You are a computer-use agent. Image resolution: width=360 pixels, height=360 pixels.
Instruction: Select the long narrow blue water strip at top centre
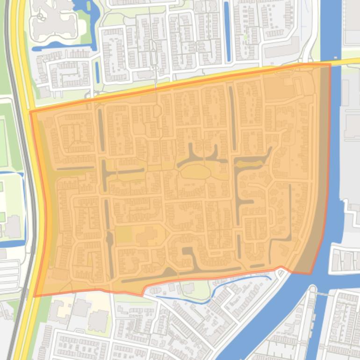point(227,31)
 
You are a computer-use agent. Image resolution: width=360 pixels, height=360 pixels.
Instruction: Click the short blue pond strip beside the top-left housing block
point(97,72)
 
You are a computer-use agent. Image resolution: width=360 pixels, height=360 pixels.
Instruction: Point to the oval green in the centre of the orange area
point(195,172)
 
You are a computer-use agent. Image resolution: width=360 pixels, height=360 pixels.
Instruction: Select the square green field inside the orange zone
point(122,234)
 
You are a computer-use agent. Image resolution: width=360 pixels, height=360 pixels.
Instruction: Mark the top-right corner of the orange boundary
point(330,65)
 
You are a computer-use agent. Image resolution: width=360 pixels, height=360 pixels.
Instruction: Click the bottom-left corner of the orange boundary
point(35,296)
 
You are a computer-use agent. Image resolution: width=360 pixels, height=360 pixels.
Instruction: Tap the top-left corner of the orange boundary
point(30,112)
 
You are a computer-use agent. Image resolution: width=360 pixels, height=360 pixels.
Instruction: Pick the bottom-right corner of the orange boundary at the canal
point(310,274)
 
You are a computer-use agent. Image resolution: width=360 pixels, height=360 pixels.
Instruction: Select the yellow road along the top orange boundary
point(187,83)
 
